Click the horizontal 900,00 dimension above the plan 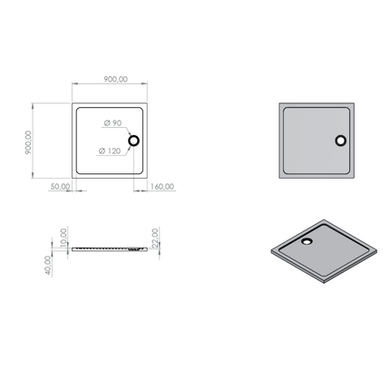point(116,79)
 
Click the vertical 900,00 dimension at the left point(28,142)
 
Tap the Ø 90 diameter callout point(112,123)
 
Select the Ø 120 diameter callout point(110,151)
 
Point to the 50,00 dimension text point(60,187)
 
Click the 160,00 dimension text point(162,187)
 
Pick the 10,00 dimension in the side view point(63,238)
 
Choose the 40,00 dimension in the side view point(48,265)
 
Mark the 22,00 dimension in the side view point(155,238)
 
